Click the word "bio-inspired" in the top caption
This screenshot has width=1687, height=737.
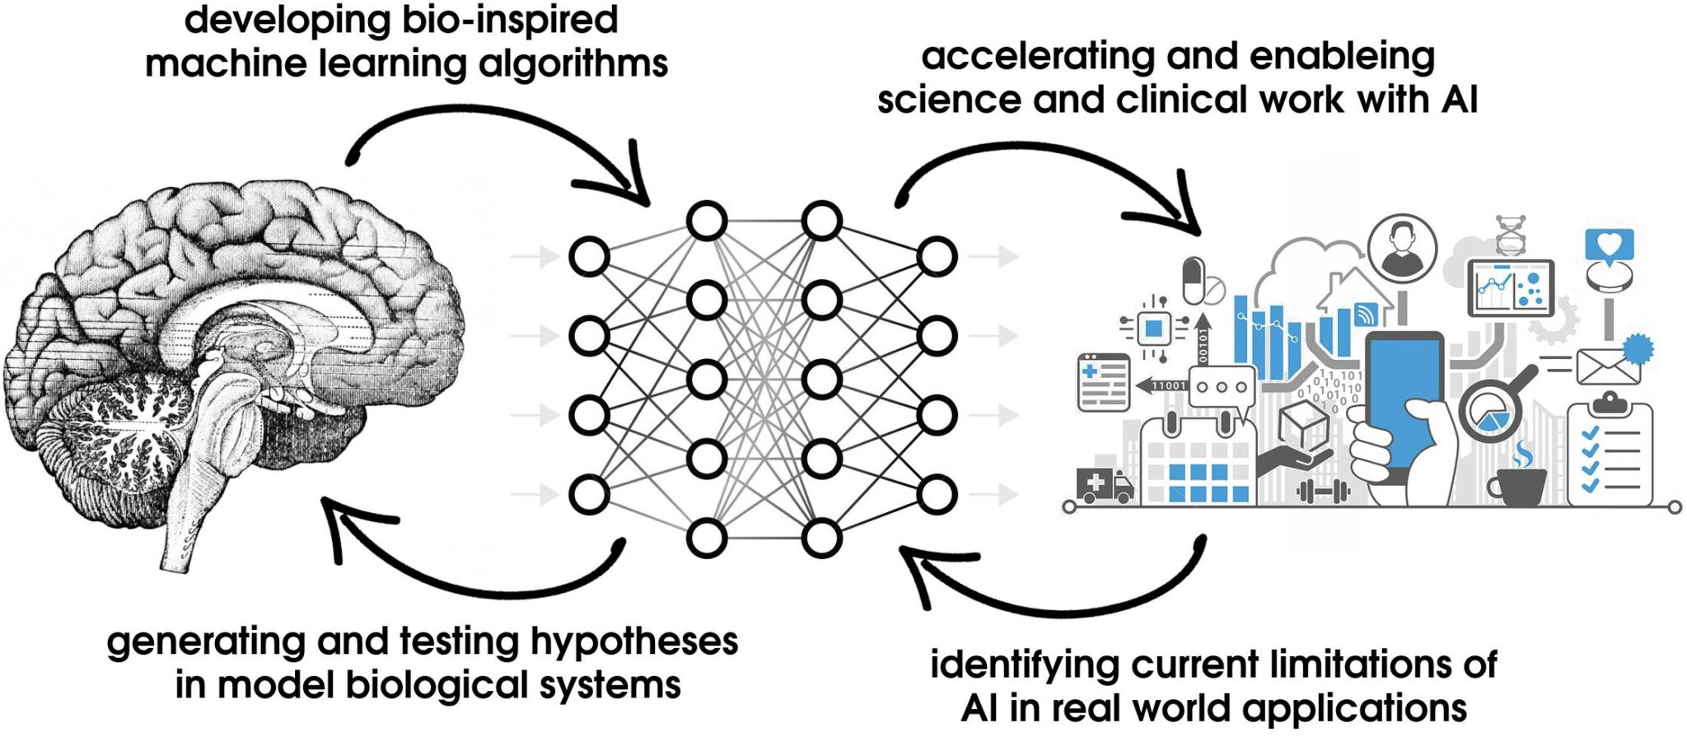click(x=511, y=20)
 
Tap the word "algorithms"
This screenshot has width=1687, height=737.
click(x=573, y=64)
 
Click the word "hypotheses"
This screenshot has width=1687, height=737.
click(x=634, y=642)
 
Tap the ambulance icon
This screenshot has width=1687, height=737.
click(x=1104, y=484)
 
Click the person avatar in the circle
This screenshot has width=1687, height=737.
click(x=1402, y=248)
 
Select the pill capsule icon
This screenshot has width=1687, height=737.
click(x=1194, y=281)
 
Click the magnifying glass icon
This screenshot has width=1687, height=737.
click(x=1493, y=410)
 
